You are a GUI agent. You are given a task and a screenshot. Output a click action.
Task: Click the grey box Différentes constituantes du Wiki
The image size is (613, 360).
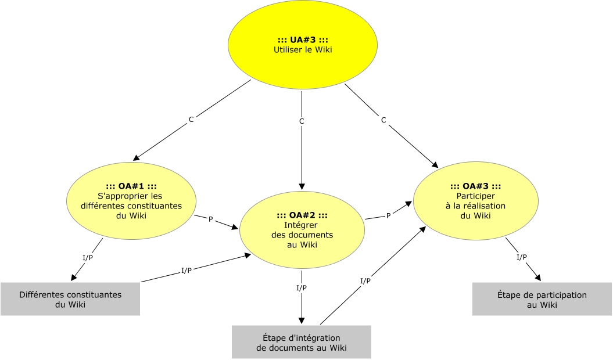(70, 299)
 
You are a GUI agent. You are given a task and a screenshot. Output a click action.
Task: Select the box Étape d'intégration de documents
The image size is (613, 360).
(302, 342)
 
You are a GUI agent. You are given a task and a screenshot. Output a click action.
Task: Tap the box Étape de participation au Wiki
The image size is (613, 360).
(542, 299)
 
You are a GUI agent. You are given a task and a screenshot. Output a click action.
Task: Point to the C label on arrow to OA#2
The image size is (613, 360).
(302, 121)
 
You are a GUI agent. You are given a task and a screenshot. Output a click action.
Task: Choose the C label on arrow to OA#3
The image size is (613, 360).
(383, 120)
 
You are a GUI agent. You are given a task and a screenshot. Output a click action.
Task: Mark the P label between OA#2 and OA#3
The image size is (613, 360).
(388, 215)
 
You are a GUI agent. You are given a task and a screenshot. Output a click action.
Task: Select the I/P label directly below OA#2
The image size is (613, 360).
(302, 288)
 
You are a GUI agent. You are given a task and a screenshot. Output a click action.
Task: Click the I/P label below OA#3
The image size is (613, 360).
(522, 257)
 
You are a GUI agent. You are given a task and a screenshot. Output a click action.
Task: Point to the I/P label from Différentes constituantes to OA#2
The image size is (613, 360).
(187, 270)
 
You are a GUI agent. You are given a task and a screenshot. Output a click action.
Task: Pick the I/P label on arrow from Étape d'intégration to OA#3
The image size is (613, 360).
(365, 280)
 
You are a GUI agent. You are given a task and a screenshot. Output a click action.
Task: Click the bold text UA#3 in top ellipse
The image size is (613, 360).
(303, 39)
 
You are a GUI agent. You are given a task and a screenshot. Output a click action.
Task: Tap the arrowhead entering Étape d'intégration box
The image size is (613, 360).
(302, 321)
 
